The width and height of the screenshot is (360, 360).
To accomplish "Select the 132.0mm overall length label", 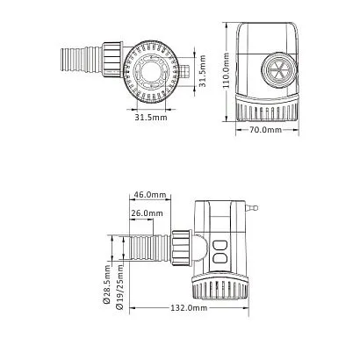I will [188, 308].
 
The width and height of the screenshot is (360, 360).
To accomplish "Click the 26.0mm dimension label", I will [146, 213].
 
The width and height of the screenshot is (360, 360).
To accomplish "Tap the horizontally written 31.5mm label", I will [152, 115].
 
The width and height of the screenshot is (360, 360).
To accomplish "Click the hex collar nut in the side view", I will [183, 248].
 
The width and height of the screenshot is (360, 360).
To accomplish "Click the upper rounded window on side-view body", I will [221, 247].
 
